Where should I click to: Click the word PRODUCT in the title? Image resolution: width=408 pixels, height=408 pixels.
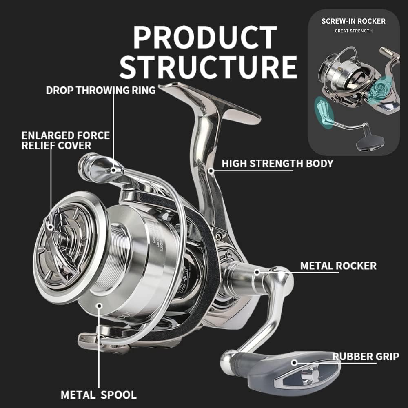tap(205, 38)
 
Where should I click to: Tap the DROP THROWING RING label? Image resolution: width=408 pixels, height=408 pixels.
tap(101, 90)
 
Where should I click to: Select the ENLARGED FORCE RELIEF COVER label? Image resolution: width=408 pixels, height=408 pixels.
tap(65, 140)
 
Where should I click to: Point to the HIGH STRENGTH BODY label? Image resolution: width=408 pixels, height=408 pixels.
tap(277, 164)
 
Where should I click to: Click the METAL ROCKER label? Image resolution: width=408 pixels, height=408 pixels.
tap(338, 266)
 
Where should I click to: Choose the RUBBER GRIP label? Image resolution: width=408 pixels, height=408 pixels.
tap(366, 356)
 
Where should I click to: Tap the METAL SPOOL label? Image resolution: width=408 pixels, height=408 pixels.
tap(98, 395)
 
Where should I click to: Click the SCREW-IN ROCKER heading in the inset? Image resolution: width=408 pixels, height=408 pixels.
tap(353, 21)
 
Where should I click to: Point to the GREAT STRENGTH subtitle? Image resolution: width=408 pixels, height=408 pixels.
tap(353, 31)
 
